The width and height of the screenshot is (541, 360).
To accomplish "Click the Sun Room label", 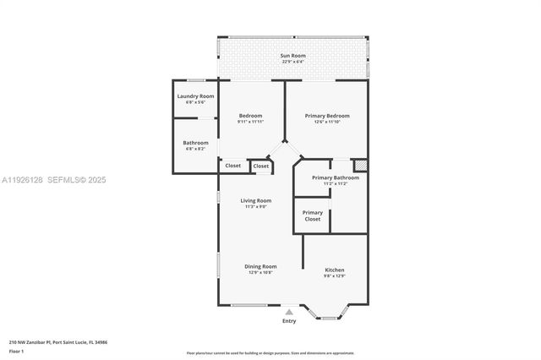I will pyautogui.click(x=293, y=56).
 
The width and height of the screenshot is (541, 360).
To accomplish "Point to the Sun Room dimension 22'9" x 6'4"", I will pyautogui.click(x=293, y=62).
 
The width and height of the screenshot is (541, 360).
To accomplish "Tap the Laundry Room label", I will pyautogui.click(x=194, y=96).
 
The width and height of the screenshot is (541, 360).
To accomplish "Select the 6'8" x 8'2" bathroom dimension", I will pyautogui.click(x=195, y=149).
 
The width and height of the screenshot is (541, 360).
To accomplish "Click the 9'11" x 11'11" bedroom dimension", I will pyautogui.click(x=250, y=122).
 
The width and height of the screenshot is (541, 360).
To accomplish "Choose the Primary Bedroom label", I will pyautogui.click(x=326, y=116).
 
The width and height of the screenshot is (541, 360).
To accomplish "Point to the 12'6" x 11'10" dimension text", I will pyautogui.click(x=326, y=122).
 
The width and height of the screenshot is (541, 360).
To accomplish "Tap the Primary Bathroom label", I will pyautogui.click(x=335, y=177).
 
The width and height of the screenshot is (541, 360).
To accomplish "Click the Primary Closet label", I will pyautogui.click(x=313, y=215).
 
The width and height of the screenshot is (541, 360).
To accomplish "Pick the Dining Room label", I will pyautogui.click(x=260, y=266).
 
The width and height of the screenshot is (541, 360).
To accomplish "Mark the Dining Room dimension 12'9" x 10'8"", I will pyautogui.click(x=260, y=272).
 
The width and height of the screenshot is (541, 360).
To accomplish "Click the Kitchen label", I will pyautogui.click(x=335, y=270).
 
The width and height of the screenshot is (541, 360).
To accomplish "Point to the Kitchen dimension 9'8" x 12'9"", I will pyautogui.click(x=335, y=276).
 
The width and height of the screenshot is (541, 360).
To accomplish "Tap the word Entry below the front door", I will pyautogui.click(x=289, y=321).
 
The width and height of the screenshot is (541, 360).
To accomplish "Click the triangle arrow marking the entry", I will pyautogui.click(x=289, y=312).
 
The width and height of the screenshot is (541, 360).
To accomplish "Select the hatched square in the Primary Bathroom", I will pyautogui.click(x=359, y=166).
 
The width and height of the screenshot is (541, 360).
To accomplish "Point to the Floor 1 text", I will pyautogui.click(x=16, y=351).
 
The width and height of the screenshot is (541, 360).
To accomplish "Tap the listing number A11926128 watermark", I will pyautogui.click(x=24, y=180).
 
